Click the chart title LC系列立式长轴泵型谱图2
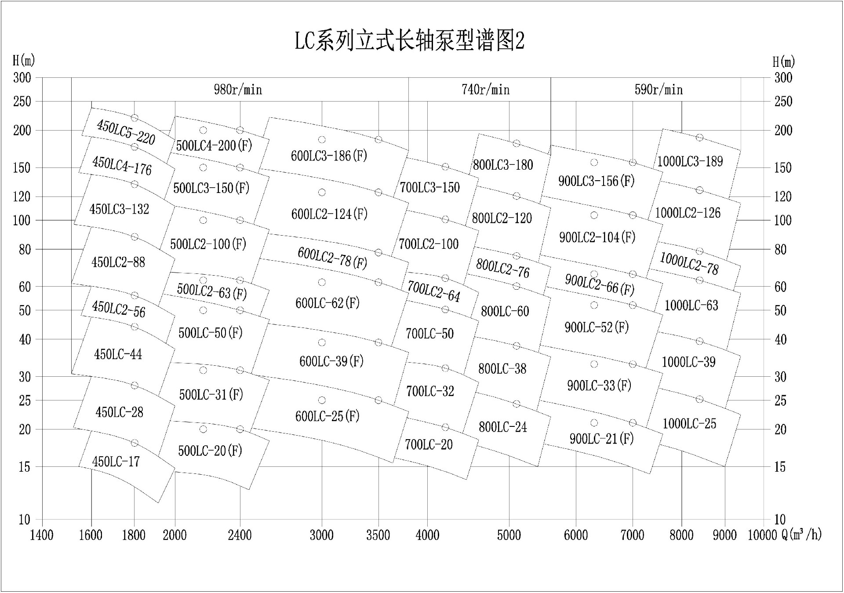click(409, 41)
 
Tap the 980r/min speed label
click(238, 90)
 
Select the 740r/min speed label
click(485, 90)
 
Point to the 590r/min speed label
click(658, 90)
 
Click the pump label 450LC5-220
click(126, 132)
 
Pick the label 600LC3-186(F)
click(329, 156)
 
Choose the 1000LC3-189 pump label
click(690, 161)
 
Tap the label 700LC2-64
click(433, 291)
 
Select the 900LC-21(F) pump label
click(601, 439)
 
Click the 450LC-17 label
click(116, 462)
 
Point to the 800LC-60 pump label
click(505, 311)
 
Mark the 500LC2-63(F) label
click(211, 291)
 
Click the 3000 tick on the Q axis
click(322, 535)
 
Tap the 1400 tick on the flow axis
click(42, 535)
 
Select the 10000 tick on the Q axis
click(762, 535)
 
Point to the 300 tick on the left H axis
click(22, 78)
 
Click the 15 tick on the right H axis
click(780, 467)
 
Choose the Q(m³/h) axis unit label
click(801, 535)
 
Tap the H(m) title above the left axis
click(24, 60)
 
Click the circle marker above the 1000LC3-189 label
click(699, 138)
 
